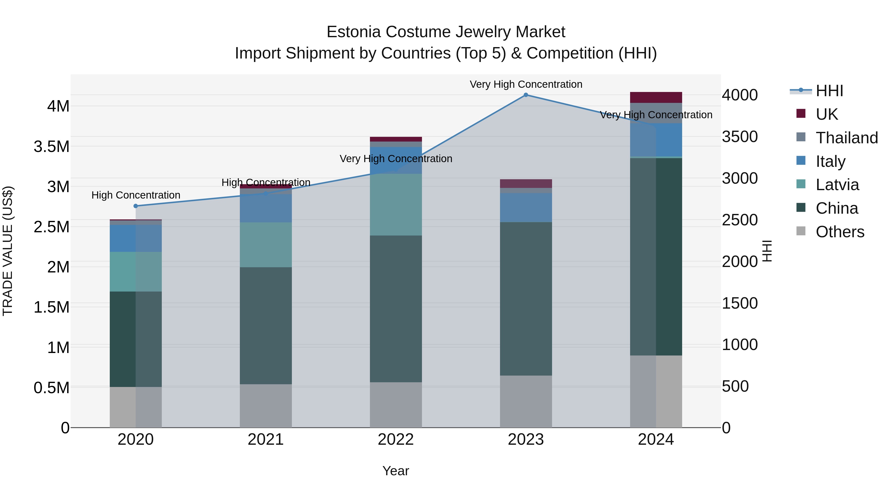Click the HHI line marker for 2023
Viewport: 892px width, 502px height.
(x=526, y=95)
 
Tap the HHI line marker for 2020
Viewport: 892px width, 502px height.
(x=136, y=206)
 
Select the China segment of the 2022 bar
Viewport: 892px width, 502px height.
(x=396, y=308)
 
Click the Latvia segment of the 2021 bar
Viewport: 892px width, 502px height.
(x=266, y=245)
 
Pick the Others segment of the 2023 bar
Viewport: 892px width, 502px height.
(x=526, y=401)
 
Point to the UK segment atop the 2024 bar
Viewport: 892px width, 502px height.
(x=656, y=97)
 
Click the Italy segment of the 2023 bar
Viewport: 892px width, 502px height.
(x=526, y=207)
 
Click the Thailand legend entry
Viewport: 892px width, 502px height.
(x=846, y=138)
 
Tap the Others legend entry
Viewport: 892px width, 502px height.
(x=839, y=232)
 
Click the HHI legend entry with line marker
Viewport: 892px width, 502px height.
(x=829, y=91)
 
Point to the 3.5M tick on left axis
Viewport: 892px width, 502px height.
(x=52, y=147)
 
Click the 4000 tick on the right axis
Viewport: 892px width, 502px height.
(x=740, y=95)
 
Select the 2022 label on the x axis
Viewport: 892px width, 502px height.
(x=396, y=440)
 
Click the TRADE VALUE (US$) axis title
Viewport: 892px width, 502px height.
(x=8, y=251)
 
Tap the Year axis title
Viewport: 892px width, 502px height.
(x=396, y=471)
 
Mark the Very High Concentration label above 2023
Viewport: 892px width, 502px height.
(x=526, y=84)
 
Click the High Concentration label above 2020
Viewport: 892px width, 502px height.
(x=136, y=195)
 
